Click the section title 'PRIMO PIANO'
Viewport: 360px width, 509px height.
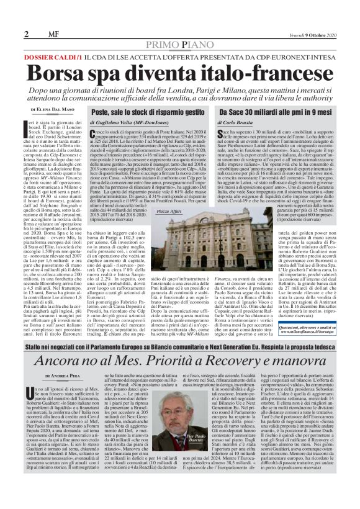click(x=181, y=45)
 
